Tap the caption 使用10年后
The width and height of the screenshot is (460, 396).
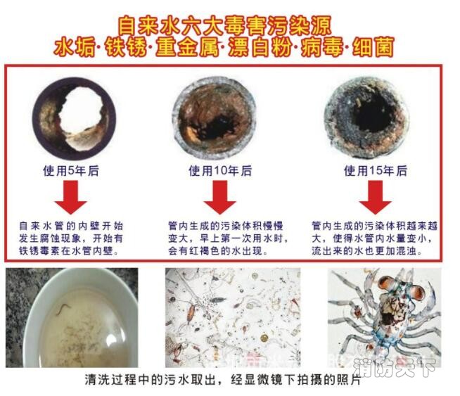[x=219, y=170]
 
